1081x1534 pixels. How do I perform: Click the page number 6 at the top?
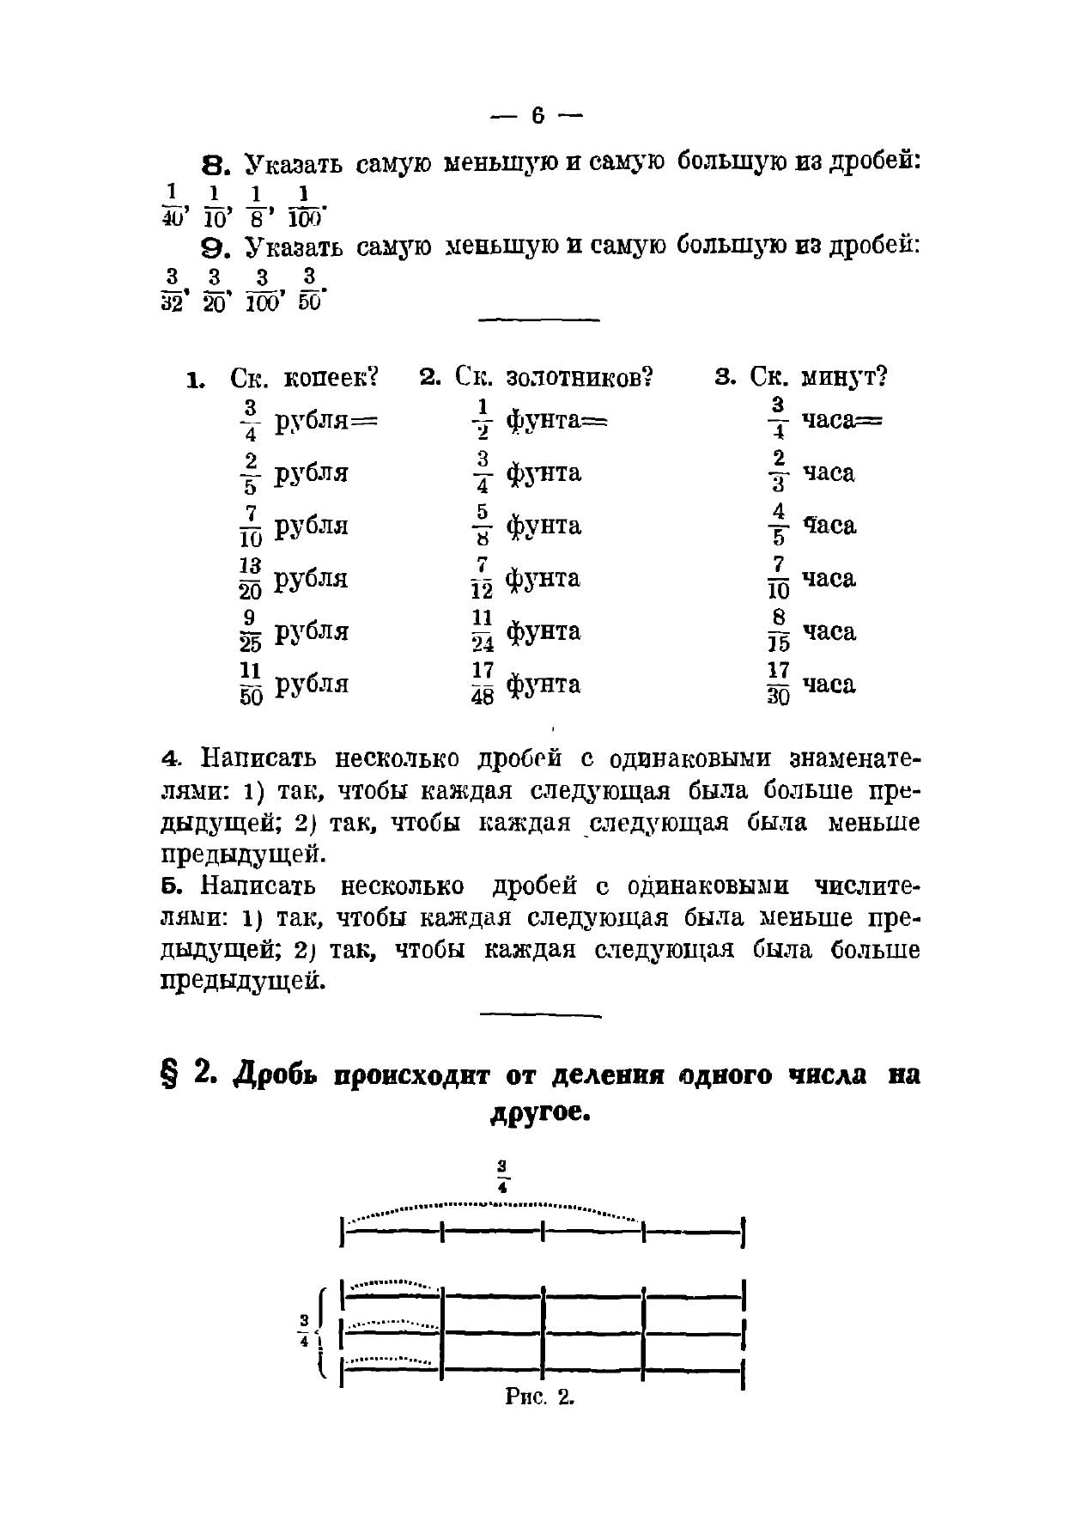click(x=538, y=115)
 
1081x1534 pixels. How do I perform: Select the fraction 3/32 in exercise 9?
click(x=172, y=289)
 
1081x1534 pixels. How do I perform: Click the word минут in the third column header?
click(x=844, y=378)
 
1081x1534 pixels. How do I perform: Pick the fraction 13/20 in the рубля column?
click(x=251, y=578)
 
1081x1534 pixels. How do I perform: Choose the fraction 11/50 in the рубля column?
click(x=251, y=684)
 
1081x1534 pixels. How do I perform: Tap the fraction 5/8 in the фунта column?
click(x=483, y=525)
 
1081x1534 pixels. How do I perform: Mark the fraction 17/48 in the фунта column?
click(x=483, y=684)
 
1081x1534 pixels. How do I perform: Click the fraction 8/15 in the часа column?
click(x=778, y=630)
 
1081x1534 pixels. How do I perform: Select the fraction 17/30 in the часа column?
click(x=778, y=684)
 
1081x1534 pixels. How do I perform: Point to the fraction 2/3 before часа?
click(x=778, y=472)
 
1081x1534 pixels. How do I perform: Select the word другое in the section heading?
click(x=541, y=1114)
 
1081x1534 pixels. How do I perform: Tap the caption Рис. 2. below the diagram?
click(x=539, y=1397)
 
